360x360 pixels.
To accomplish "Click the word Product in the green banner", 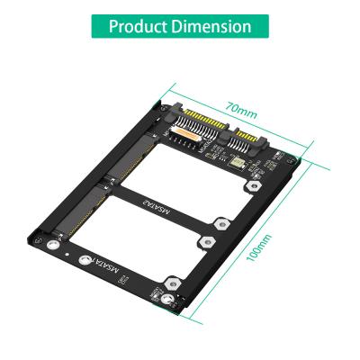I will (x=139, y=25).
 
